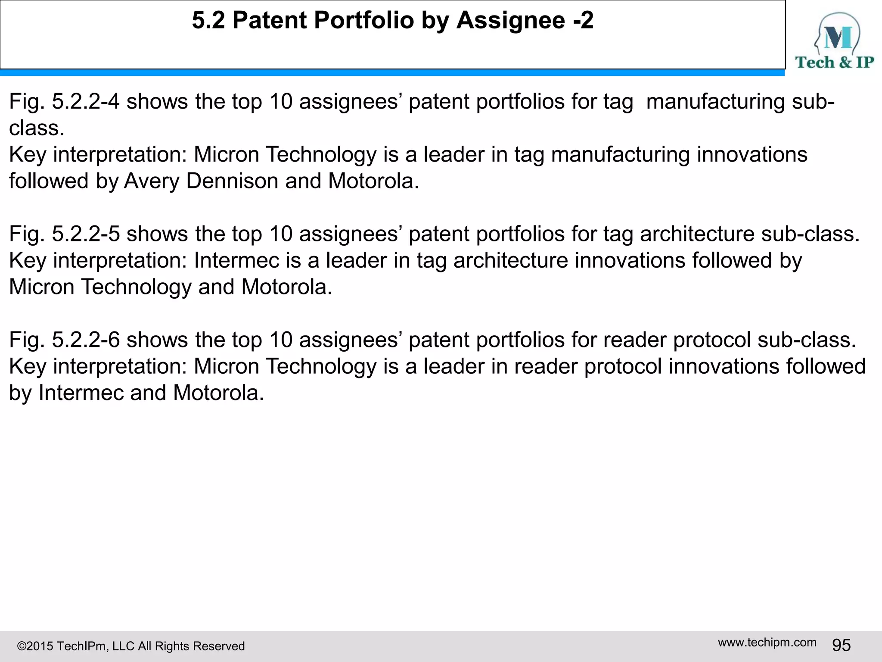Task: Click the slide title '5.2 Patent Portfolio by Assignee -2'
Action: tap(392, 20)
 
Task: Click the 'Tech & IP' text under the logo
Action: tap(834, 62)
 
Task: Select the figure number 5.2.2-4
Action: tap(86, 102)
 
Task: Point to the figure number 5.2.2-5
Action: tap(86, 234)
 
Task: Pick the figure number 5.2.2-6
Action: tap(86, 340)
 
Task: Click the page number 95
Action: tap(841, 646)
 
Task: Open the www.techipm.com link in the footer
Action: tap(767, 643)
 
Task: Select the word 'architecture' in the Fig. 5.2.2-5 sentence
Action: tap(697, 234)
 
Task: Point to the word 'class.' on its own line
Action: tap(37, 128)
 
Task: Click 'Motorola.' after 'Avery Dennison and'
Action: tap(373, 181)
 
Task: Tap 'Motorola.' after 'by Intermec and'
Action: tap(218, 393)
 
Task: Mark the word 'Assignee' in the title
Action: tap(510, 20)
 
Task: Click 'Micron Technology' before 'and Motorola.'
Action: tap(100, 287)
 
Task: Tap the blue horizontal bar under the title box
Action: tap(392, 73)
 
